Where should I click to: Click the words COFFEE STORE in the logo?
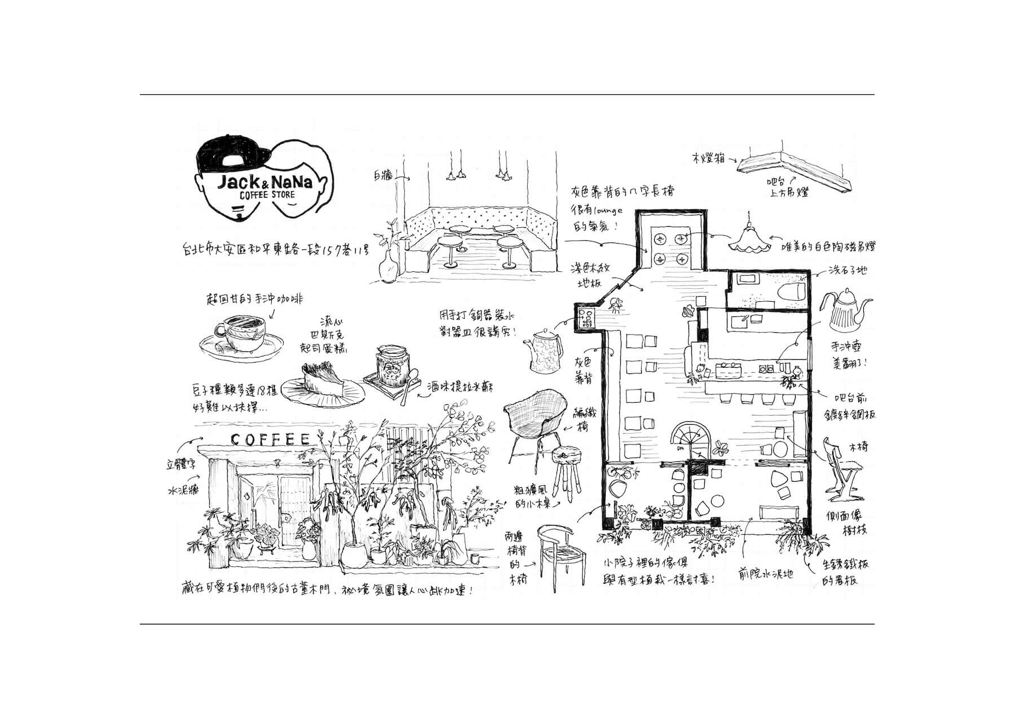tap(267, 195)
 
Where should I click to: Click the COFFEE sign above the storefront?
tap(270, 439)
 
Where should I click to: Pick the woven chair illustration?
tap(533, 417)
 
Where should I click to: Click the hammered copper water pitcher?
tap(544, 350)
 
